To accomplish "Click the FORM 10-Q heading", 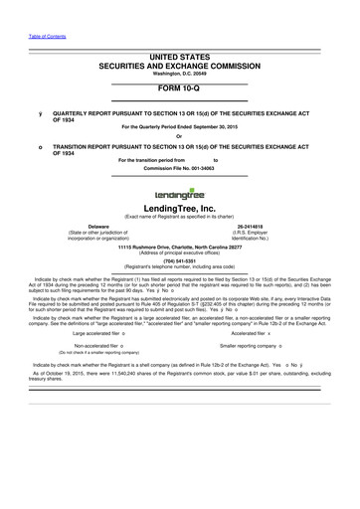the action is click(x=179, y=86).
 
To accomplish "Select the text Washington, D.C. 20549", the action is click(x=179, y=72).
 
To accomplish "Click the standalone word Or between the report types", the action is click(x=179, y=137).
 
